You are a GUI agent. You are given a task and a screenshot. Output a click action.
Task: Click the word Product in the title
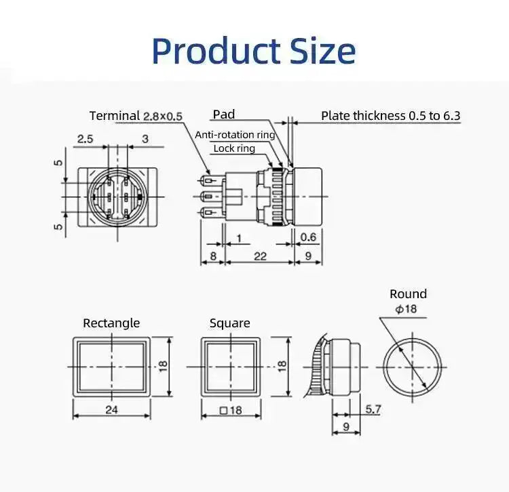click(216, 52)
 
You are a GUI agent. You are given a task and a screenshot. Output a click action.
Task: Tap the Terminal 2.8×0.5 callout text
click(136, 116)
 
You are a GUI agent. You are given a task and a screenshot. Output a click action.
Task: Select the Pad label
click(224, 114)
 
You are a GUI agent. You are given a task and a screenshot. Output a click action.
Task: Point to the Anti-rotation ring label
click(235, 134)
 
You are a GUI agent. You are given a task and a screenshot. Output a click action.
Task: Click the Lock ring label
click(234, 148)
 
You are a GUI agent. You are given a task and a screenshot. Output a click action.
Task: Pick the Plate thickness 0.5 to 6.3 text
click(390, 116)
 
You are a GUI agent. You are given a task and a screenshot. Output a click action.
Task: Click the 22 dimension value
click(260, 256)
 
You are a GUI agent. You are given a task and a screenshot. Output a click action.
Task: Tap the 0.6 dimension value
click(308, 237)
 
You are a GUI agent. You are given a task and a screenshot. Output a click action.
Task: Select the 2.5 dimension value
click(85, 139)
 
